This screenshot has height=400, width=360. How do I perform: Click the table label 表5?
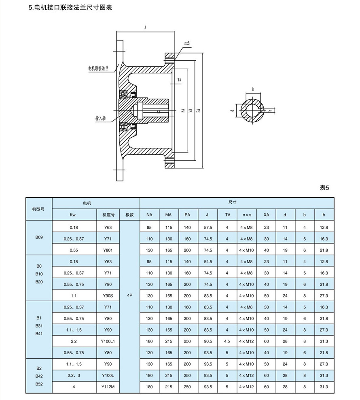(325, 187)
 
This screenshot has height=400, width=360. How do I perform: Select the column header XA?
(266, 215)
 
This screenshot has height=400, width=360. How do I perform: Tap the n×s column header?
(247, 215)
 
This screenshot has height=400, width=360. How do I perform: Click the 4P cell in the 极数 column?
(130, 296)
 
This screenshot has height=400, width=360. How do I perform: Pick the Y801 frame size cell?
(108, 250)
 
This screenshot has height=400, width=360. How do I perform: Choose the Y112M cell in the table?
(108, 387)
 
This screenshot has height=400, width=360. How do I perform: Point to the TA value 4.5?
(227, 341)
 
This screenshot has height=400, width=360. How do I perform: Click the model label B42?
(39, 376)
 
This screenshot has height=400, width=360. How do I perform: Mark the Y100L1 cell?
(108, 341)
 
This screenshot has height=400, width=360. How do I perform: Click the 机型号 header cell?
(39, 209)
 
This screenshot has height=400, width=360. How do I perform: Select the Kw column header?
(73, 215)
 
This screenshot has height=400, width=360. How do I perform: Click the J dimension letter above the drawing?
(145, 27)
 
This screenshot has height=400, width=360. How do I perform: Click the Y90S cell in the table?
(108, 296)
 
